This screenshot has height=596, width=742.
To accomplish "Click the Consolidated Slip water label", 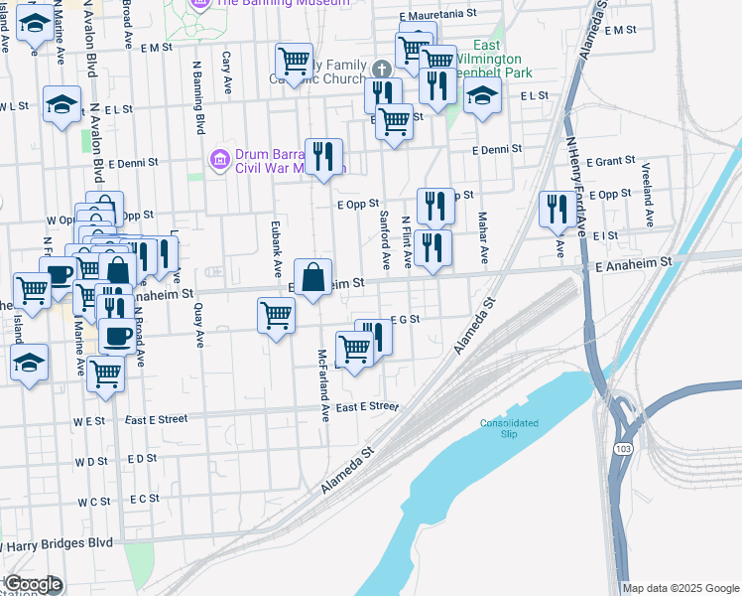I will point(509,428).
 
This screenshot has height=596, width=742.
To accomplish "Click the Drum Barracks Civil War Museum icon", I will point(220,157).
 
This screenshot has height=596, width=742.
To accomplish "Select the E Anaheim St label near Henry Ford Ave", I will point(634,261).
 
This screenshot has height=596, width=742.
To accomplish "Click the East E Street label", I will point(367,407).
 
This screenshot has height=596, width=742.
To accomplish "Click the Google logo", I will point(33,584).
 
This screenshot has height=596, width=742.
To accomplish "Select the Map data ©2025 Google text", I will point(681,588).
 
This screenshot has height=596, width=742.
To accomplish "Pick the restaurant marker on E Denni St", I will point(323,156).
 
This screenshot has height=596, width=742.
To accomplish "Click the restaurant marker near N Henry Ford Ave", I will point(555,209).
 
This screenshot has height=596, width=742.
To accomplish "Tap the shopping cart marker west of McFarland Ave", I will point(276,316).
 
